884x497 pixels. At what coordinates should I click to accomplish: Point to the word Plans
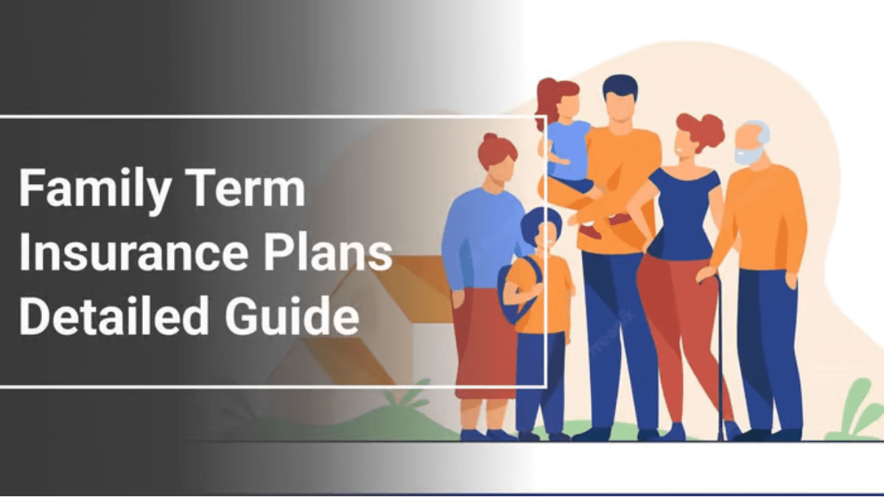(328, 252)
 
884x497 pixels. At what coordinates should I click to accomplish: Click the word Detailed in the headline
(114, 316)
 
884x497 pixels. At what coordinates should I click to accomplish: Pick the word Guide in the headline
(292, 316)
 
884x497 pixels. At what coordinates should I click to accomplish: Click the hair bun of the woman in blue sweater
(491, 138)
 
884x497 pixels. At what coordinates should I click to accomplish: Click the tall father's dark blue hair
(620, 87)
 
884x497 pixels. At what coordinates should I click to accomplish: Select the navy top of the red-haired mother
(684, 214)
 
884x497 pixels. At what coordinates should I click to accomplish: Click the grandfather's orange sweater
(762, 221)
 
